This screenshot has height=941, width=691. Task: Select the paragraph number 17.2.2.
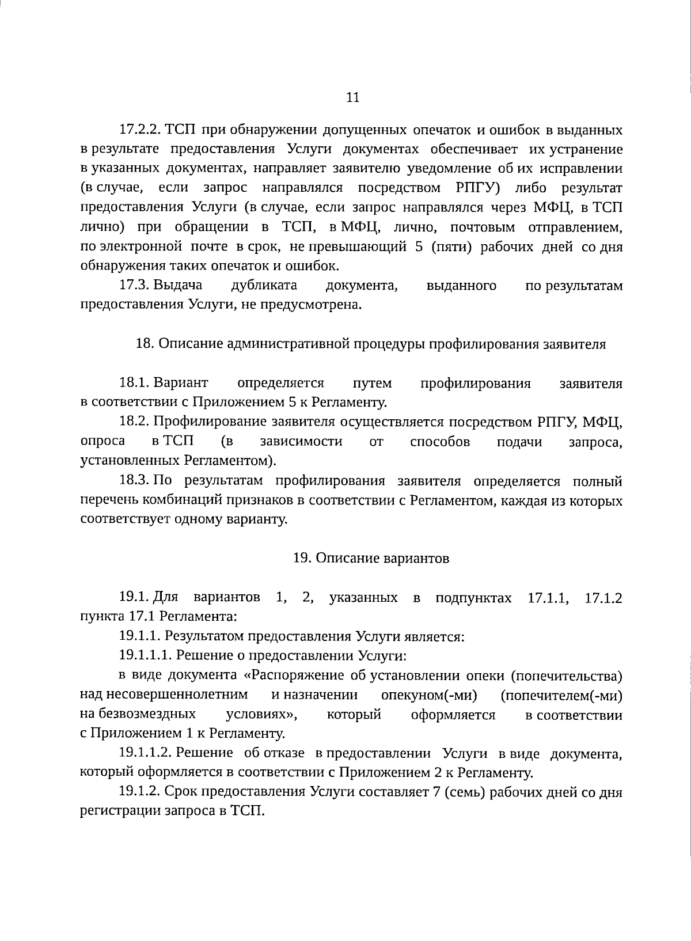[x=141, y=130]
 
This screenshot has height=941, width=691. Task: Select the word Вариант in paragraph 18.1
[x=181, y=383]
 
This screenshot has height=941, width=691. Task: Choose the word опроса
[x=103, y=442]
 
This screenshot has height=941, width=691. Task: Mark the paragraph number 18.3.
[x=135, y=481]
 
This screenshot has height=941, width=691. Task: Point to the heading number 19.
[x=302, y=558]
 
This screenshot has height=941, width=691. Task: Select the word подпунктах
[x=473, y=597]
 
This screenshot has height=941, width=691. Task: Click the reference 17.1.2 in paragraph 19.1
[x=603, y=597]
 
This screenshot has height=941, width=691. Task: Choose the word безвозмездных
[x=138, y=715]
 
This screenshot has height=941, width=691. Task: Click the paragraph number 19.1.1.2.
[x=145, y=753]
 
